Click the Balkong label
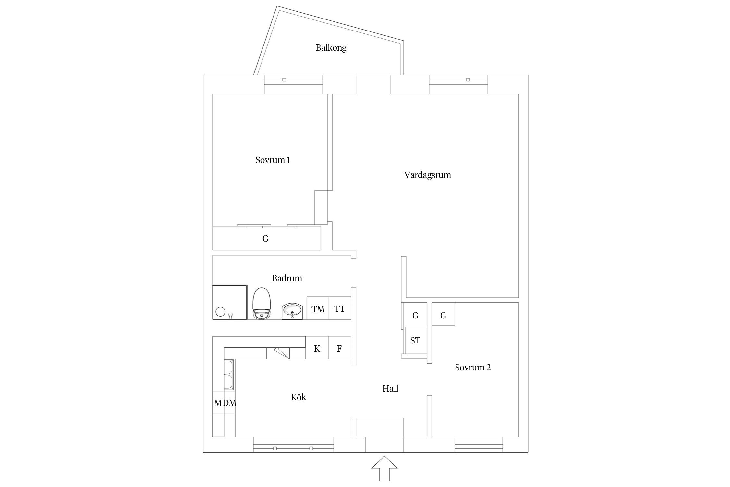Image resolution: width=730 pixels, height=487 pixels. [331, 48]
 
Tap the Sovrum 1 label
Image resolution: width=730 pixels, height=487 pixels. [273, 160]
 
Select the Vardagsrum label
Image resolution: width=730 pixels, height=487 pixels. [427, 175]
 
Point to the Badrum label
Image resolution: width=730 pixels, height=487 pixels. [287, 278]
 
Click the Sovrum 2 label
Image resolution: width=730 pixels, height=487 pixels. [473, 368]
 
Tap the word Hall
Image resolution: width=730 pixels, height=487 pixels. [390, 389]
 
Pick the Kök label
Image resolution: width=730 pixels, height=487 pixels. [298, 397]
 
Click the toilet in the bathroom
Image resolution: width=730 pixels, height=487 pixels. [262, 304]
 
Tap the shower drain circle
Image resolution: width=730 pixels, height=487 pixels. [220, 312]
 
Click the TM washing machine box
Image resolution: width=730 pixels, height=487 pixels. [318, 308]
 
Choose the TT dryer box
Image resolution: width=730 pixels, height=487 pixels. [340, 308]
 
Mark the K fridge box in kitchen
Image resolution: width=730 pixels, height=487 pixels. [317, 348]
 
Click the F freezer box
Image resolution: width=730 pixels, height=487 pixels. [340, 348]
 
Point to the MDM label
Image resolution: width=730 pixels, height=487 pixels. [225, 403]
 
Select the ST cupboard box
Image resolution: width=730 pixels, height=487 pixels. [416, 340]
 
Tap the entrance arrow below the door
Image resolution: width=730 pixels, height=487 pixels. [384, 468]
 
